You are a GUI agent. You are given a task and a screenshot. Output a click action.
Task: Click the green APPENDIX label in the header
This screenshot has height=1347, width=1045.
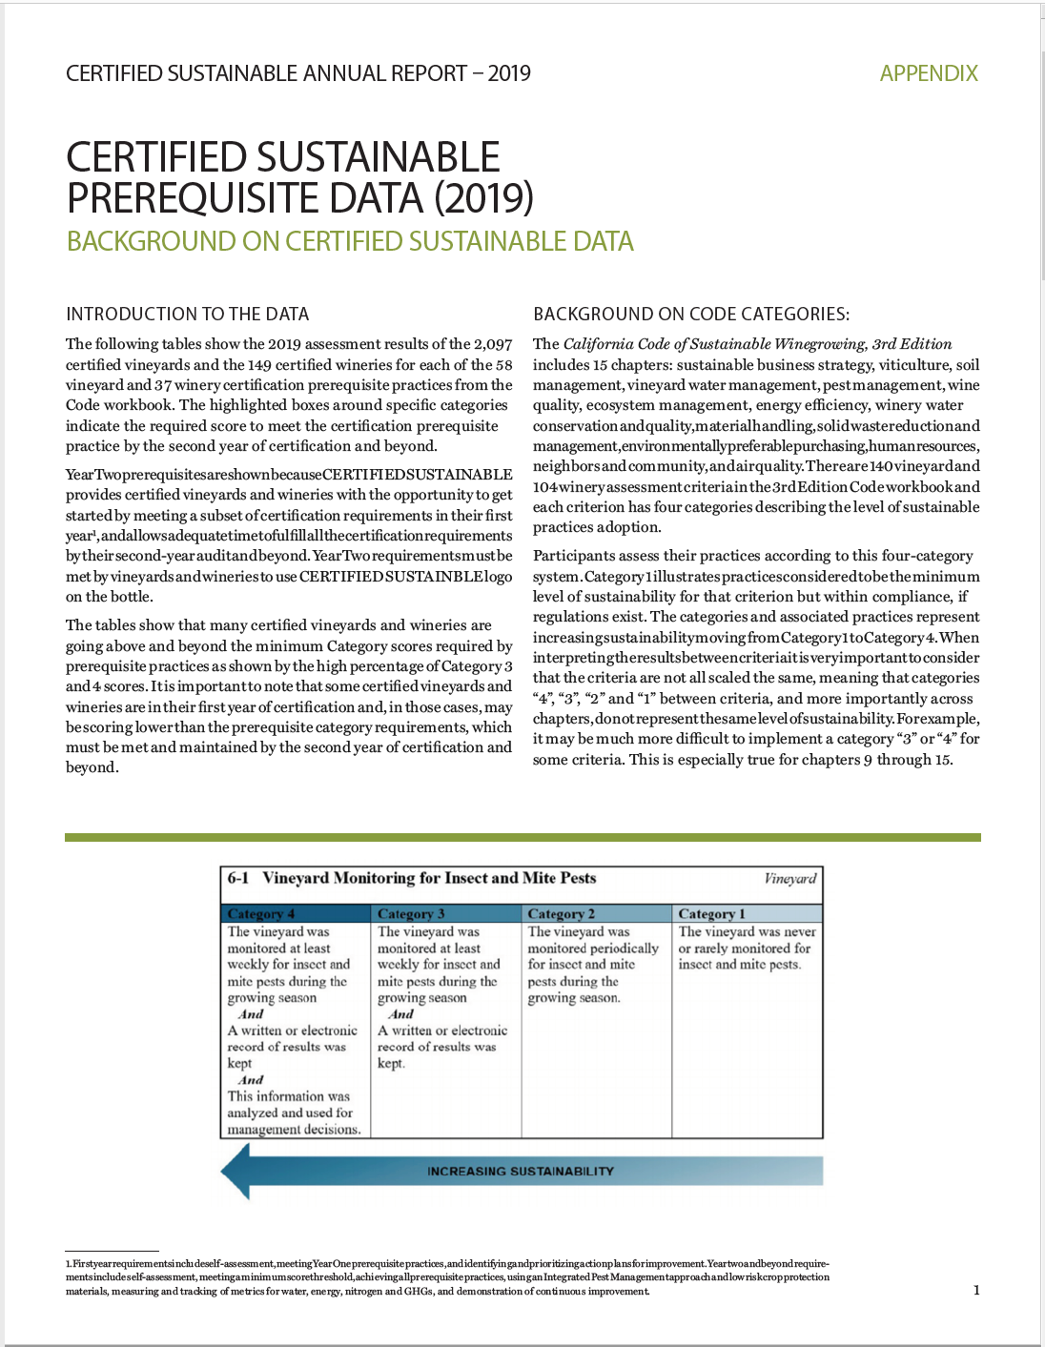pyautogui.click(x=928, y=73)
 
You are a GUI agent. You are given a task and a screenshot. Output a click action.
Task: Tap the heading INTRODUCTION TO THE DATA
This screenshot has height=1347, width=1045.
pyautogui.click(x=187, y=314)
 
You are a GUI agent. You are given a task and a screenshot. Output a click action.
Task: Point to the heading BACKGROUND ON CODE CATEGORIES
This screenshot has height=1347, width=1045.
pyautogui.click(x=690, y=314)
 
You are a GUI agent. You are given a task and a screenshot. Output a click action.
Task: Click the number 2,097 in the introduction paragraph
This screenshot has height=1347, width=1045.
pyautogui.click(x=493, y=344)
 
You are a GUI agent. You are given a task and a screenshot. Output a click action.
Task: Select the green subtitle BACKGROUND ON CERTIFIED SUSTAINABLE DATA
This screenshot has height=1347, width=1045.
pyautogui.click(x=350, y=241)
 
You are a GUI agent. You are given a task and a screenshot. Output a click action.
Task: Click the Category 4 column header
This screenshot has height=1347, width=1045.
pyautogui.click(x=261, y=913)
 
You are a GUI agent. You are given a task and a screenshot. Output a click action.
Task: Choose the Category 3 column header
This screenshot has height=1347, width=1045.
pyautogui.click(x=411, y=913)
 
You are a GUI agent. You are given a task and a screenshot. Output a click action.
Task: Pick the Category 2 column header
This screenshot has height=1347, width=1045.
pyautogui.click(x=562, y=913)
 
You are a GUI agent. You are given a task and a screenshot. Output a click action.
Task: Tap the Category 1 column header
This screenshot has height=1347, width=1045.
pyautogui.click(x=712, y=913)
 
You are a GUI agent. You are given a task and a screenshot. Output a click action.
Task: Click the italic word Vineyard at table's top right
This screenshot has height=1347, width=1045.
pyautogui.click(x=790, y=878)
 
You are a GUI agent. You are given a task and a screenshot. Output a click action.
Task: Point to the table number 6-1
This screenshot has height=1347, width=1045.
pyautogui.click(x=237, y=878)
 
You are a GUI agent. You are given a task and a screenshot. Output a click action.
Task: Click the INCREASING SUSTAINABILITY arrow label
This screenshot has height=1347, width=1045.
pyautogui.click(x=520, y=1171)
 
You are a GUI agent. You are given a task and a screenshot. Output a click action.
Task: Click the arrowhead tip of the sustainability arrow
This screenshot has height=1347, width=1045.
pyautogui.click(x=226, y=1171)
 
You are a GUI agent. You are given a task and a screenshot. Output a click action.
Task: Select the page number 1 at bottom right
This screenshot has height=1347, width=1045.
pyautogui.click(x=976, y=1290)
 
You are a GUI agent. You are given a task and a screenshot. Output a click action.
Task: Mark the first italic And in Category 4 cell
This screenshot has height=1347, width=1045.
pyautogui.click(x=251, y=1014)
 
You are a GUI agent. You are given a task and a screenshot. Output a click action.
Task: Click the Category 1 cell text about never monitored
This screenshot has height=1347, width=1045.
pyautogui.click(x=746, y=948)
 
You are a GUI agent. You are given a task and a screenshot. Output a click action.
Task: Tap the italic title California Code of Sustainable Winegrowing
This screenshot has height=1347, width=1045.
pyautogui.click(x=757, y=344)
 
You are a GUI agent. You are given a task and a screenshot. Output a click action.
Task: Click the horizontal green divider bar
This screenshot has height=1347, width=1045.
pyautogui.click(x=522, y=837)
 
